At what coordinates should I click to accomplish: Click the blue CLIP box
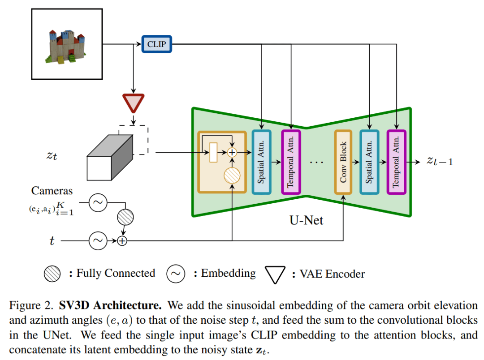point(157,44)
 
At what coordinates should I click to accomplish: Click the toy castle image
point(67,44)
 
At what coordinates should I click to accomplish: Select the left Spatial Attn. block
point(262,162)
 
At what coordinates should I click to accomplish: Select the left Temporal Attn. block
point(291,162)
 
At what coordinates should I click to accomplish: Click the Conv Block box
point(344,162)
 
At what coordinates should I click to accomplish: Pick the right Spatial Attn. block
point(369,162)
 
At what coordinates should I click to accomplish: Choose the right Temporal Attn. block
point(396,162)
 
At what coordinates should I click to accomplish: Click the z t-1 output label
point(440,161)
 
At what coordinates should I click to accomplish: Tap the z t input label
point(52,156)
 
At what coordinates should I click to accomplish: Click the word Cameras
point(52,191)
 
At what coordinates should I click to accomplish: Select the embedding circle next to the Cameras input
point(97,203)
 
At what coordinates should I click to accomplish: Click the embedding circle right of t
point(97,241)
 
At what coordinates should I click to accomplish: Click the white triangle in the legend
point(275,274)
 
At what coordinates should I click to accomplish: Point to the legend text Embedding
point(228,273)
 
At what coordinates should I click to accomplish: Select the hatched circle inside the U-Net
point(232,176)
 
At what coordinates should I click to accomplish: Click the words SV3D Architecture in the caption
point(111,306)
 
